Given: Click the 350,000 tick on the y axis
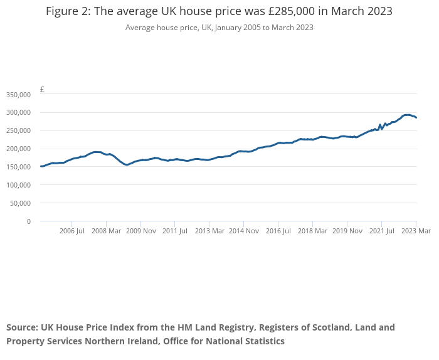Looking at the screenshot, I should coord(18,95).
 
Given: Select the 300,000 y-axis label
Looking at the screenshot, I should coord(18,113).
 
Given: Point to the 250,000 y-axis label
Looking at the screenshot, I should coord(18,131).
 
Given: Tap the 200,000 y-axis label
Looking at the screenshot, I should coord(18,149).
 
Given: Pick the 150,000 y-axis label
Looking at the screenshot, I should coord(18,167).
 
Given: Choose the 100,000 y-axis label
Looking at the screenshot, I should coord(18,185).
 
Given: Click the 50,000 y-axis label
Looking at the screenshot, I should coord(19,203).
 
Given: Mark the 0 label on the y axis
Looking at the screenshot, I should coord(28,221).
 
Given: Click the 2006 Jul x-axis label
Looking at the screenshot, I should coord(71,231).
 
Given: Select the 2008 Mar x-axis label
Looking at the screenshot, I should coord(106,231).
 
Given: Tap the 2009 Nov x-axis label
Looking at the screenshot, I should coord(140,231).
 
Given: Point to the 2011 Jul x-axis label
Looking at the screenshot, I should coord(175,231).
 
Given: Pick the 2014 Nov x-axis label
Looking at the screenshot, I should coord(244,231).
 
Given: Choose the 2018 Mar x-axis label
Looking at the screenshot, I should coord(312,231).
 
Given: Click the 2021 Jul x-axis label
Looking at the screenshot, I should coord(381,231).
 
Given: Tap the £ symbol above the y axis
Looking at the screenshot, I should coord(42,90).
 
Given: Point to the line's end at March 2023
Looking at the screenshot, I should coord(416,118).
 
